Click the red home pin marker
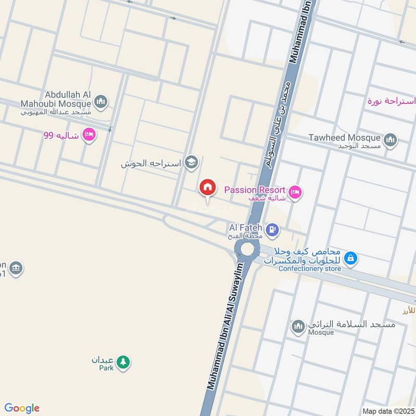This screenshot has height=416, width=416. click(207, 188)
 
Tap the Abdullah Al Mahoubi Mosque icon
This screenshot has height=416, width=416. click(102, 101)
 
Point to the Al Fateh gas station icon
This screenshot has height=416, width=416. click(271, 229)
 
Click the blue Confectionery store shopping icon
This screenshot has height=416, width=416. click(351, 257)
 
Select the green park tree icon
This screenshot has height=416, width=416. click(123, 361)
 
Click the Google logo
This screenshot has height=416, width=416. click(22, 408)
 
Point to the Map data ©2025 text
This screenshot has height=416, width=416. click(387, 411)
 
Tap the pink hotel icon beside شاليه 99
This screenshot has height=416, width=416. click(89, 136)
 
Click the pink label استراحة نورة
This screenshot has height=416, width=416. click(391, 100)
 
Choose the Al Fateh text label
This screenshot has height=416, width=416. click(244, 228)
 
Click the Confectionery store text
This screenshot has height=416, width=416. click(309, 269)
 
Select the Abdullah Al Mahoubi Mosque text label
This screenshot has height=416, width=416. click(68, 99)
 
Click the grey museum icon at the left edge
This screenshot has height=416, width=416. click(16, 268)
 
